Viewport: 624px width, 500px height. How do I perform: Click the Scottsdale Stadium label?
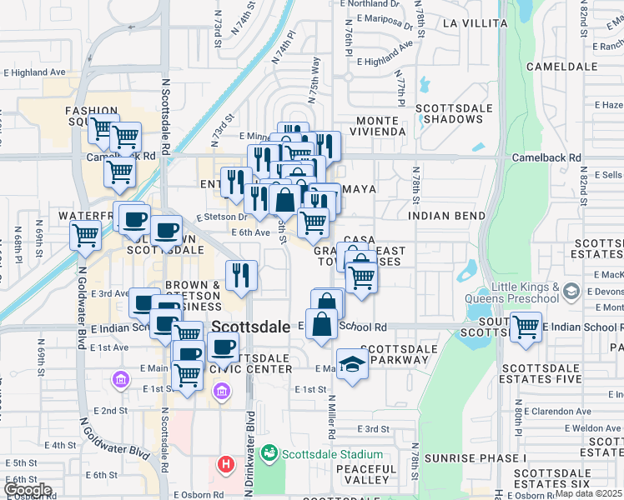[x=332, y=454]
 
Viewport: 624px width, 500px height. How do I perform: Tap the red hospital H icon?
[x=224, y=463]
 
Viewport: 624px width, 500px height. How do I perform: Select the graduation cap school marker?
[x=353, y=365]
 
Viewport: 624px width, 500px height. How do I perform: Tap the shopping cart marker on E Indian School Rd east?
[x=526, y=327]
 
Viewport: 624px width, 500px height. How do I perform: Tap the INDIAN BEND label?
[x=447, y=216]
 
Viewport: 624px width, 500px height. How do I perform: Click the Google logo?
[x=28, y=489]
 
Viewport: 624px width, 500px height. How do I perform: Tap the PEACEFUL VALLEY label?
[x=366, y=474]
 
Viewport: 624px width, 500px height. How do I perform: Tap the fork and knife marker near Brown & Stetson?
[x=242, y=274]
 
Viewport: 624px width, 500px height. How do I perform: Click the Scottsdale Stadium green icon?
[x=269, y=453]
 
